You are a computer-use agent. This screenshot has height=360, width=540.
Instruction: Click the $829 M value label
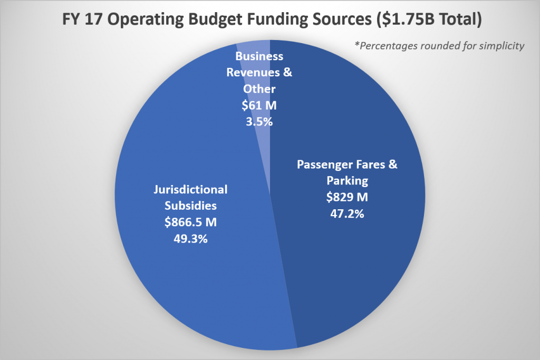(346, 199)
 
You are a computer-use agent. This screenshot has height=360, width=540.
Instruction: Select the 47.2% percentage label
(346, 215)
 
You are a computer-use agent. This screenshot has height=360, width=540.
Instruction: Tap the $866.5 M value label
(191, 222)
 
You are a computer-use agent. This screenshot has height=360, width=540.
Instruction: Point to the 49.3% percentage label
(191, 238)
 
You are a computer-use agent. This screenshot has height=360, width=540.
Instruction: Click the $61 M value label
(259, 105)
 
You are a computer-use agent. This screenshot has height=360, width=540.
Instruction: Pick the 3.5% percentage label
(259, 121)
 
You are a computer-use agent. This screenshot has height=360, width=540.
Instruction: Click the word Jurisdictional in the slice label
(190, 189)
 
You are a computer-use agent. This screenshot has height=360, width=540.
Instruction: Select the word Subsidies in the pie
(190, 206)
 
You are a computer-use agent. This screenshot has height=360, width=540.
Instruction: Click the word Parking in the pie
(346, 181)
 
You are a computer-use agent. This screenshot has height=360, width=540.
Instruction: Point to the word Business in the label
(259, 56)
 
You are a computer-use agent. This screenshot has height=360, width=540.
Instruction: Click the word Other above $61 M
(259, 89)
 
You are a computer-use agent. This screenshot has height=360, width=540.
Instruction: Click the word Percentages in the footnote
(388, 46)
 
